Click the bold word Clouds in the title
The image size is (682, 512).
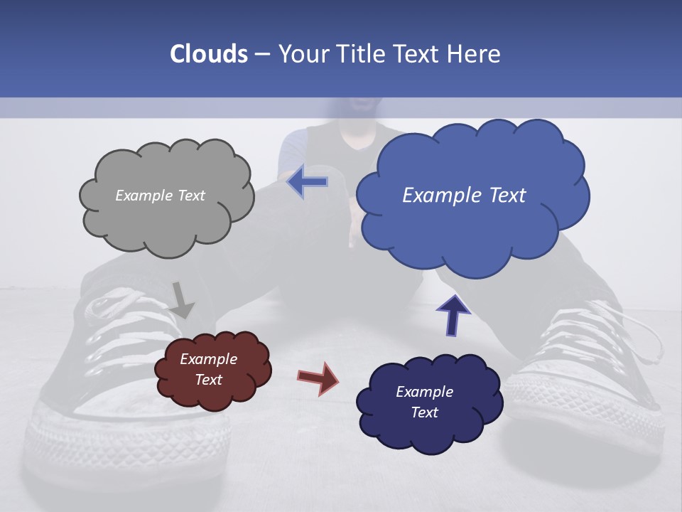(x=209, y=54)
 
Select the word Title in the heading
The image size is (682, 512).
(x=359, y=54)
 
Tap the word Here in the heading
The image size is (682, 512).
(x=476, y=54)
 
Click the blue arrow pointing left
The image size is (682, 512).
(x=308, y=182)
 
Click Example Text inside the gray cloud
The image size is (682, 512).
(x=160, y=196)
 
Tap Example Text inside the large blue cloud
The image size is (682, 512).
(x=464, y=196)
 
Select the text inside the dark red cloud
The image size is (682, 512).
(x=208, y=370)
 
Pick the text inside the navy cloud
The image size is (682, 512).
(x=424, y=402)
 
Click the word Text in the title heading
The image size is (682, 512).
(x=416, y=54)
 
